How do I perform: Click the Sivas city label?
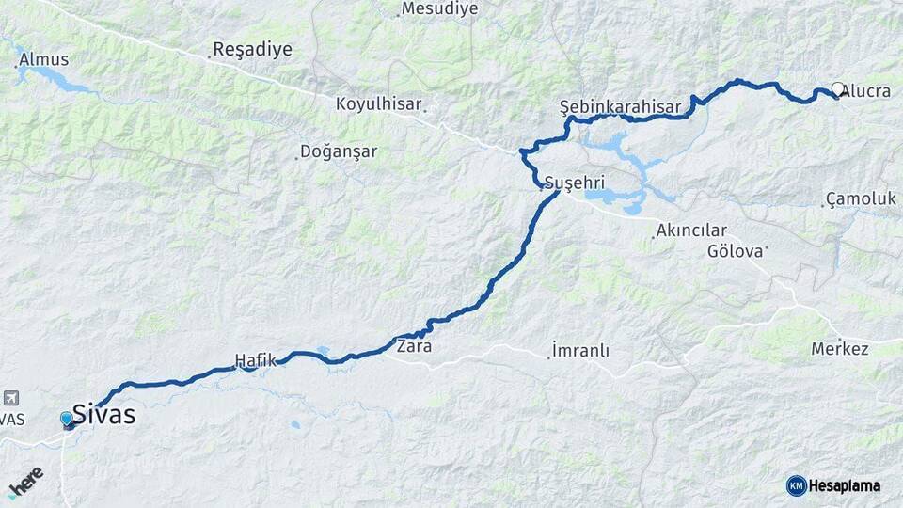[103, 414]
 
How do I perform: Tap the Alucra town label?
[866, 91]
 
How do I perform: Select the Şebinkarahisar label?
[619, 106]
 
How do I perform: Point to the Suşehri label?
[574, 181]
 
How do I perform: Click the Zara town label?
[414, 345]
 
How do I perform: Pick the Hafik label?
[256, 359]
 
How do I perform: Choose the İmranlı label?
[580, 351]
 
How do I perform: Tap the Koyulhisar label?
[378, 104]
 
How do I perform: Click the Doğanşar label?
[339, 151]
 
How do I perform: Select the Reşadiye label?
[252, 49]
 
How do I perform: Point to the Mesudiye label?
[439, 9]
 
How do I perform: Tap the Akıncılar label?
[691, 230]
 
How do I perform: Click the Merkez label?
[840, 349]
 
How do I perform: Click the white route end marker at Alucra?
[837, 90]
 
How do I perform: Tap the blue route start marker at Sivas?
[67, 419]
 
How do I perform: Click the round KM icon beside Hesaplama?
[797, 485]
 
